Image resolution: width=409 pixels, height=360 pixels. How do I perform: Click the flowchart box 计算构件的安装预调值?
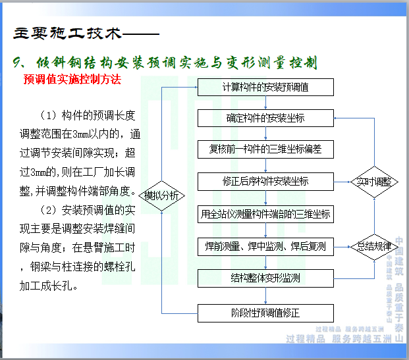pyautogui.click(x=266, y=87)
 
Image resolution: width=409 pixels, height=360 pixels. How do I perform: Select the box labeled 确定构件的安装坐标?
pyautogui.click(x=266, y=118)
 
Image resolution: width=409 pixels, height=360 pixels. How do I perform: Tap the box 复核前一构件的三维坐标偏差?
pyautogui.click(x=266, y=149)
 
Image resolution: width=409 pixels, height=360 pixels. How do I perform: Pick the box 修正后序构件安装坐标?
pyautogui.click(x=266, y=181)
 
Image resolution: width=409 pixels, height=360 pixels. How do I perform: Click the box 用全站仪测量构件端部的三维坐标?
pyautogui.click(x=266, y=214)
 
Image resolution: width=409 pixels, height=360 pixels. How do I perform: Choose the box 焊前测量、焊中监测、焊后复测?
pyautogui.click(x=266, y=247)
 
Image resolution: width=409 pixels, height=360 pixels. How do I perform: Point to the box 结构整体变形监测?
pyautogui.click(x=266, y=278)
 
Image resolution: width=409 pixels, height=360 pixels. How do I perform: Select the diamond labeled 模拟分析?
pyautogui.click(x=161, y=195)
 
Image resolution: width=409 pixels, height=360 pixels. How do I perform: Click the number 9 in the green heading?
pyautogui.click(x=17, y=63)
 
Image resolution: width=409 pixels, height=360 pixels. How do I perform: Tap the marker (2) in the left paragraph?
pyautogui.click(x=49, y=211)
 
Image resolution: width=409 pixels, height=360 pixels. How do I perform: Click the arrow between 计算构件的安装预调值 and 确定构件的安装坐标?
pyautogui.click(x=266, y=103)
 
